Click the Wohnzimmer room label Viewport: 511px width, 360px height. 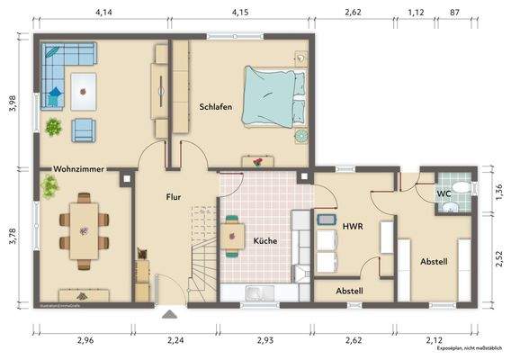coord(78,168)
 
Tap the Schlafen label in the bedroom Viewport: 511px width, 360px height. coord(216,107)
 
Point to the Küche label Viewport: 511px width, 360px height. coord(264,240)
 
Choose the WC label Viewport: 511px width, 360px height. coord(444,193)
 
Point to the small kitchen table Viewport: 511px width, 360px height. coord(233,235)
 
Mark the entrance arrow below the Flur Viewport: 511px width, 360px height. coord(168,314)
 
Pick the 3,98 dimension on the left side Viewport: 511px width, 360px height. coord(13,103)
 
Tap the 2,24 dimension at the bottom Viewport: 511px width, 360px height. coord(176,340)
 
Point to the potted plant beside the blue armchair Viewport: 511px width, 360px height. coord(54,128)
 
